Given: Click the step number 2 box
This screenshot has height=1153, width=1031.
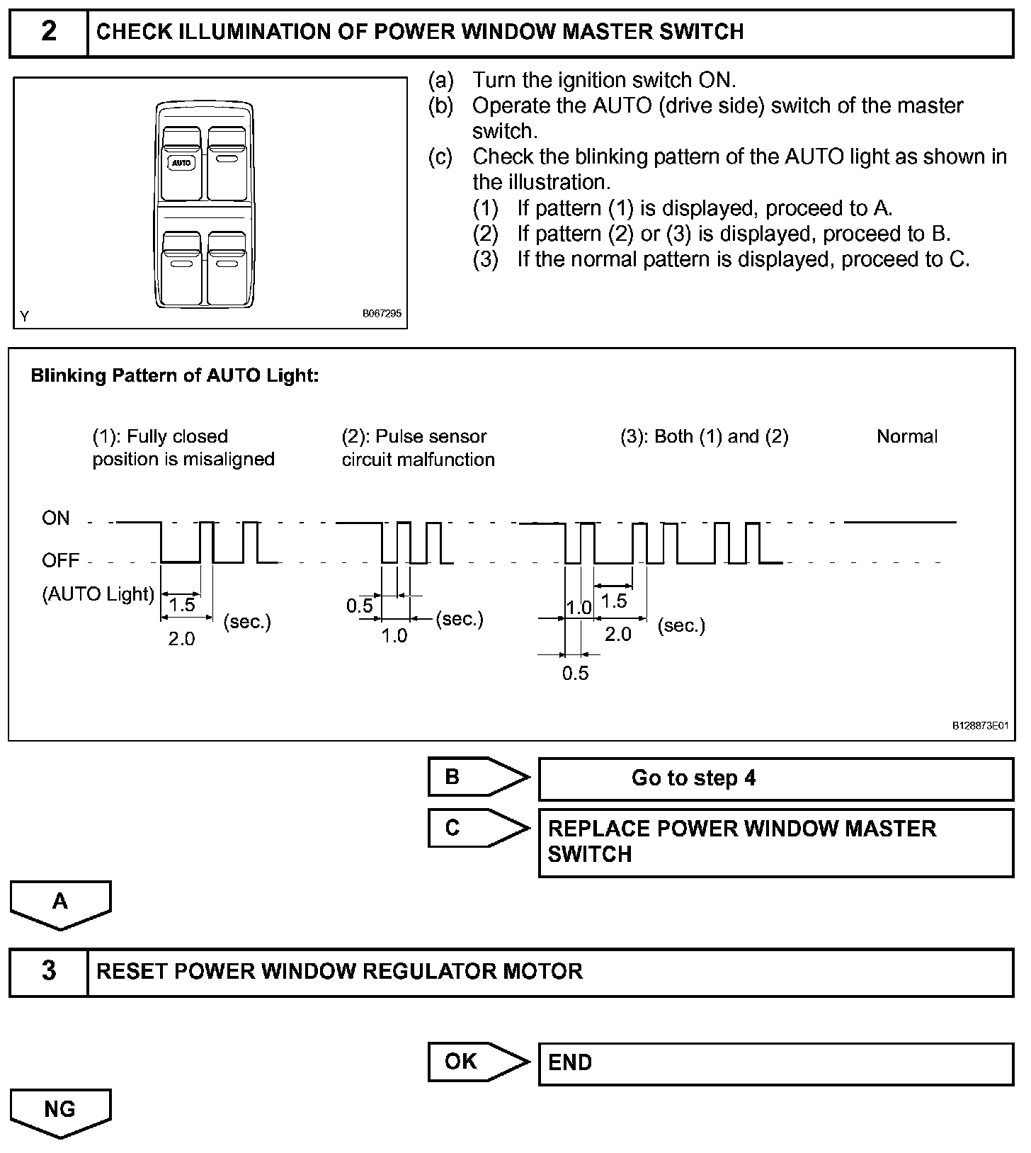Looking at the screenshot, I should [48, 33].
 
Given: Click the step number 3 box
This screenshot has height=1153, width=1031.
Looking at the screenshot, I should [48, 971].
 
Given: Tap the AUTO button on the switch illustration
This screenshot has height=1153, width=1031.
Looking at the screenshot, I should [181, 163].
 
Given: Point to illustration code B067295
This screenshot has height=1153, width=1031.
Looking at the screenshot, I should [382, 313].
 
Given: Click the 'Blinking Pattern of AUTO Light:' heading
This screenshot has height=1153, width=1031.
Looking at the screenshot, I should [175, 375].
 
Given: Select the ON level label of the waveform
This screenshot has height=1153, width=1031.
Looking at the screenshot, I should [56, 518].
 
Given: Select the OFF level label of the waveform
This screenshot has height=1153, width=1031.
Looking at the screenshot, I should [60, 561].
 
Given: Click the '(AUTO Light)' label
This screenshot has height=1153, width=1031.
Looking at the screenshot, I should [98, 594].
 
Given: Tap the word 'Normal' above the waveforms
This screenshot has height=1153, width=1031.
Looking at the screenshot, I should [906, 436].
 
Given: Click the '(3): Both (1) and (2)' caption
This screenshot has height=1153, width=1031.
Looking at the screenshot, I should [704, 436].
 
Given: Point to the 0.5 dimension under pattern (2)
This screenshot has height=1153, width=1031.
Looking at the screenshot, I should [359, 606].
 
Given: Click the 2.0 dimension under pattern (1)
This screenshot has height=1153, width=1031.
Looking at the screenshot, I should [181, 639].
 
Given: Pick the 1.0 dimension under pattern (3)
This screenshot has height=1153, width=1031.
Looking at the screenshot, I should [579, 608].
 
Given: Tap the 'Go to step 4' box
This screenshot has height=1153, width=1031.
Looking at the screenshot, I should [775, 778].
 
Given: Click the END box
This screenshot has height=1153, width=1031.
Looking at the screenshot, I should [775, 1063].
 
